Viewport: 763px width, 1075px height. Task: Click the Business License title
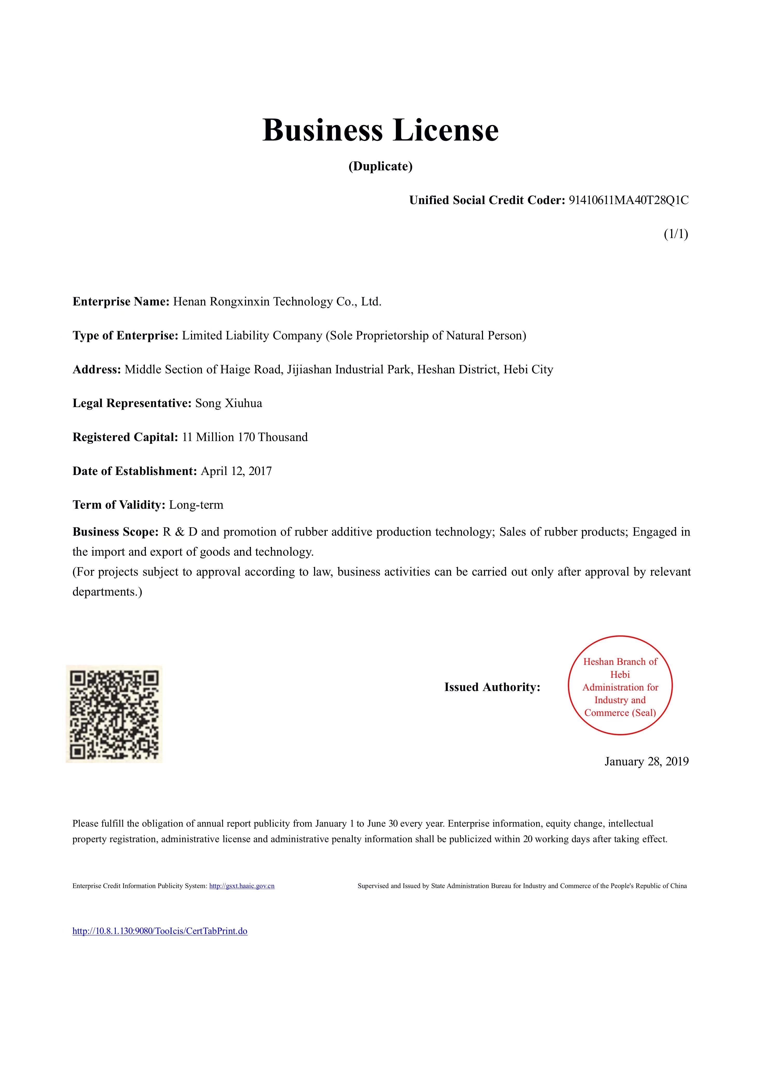(x=380, y=130)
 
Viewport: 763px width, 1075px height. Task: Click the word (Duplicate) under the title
(x=380, y=166)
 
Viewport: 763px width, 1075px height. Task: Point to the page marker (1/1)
(x=676, y=234)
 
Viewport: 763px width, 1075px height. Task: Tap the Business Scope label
(x=115, y=532)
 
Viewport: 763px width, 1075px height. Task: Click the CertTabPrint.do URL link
(x=160, y=931)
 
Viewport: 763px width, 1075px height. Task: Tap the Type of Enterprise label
(x=125, y=335)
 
